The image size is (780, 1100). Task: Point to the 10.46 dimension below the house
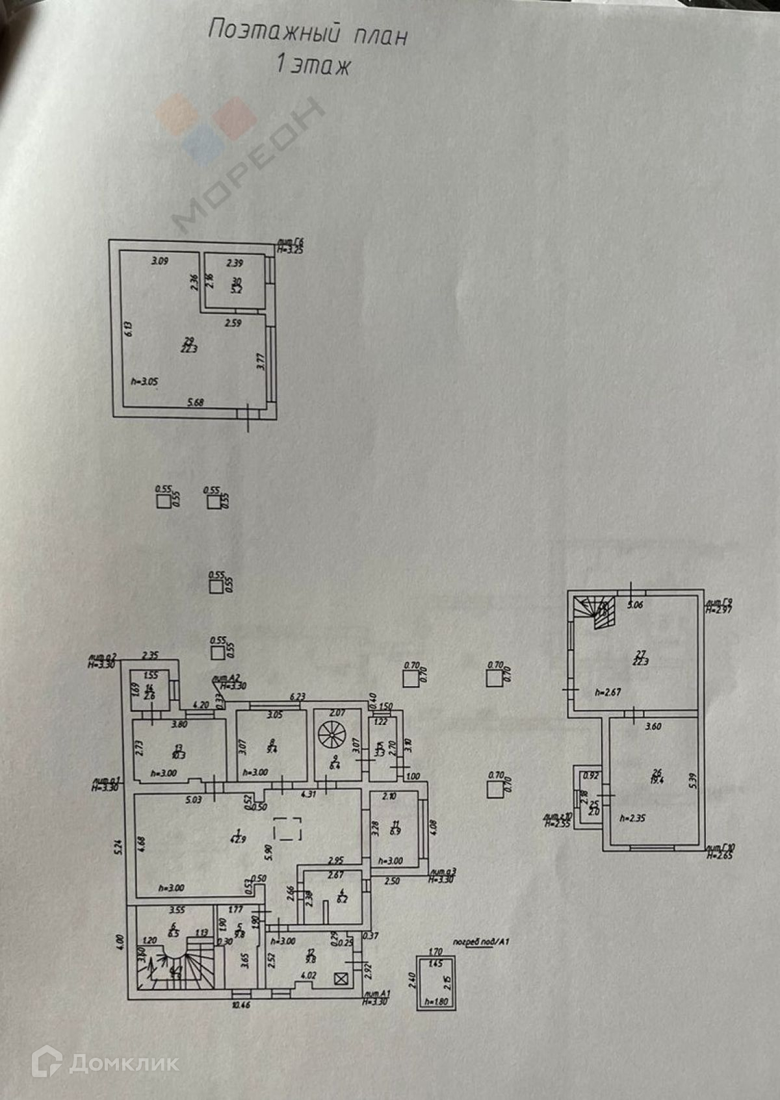tap(240, 1004)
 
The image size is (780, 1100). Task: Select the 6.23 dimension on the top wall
tap(297, 696)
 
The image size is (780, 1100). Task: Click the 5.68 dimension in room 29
tap(195, 402)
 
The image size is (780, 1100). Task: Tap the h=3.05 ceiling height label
tap(144, 381)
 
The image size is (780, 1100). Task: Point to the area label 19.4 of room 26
tap(656, 780)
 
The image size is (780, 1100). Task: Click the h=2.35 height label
tap(632, 819)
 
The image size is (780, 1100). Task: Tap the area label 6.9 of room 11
tap(395, 830)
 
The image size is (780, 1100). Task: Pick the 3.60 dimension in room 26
tap(653, 726)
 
